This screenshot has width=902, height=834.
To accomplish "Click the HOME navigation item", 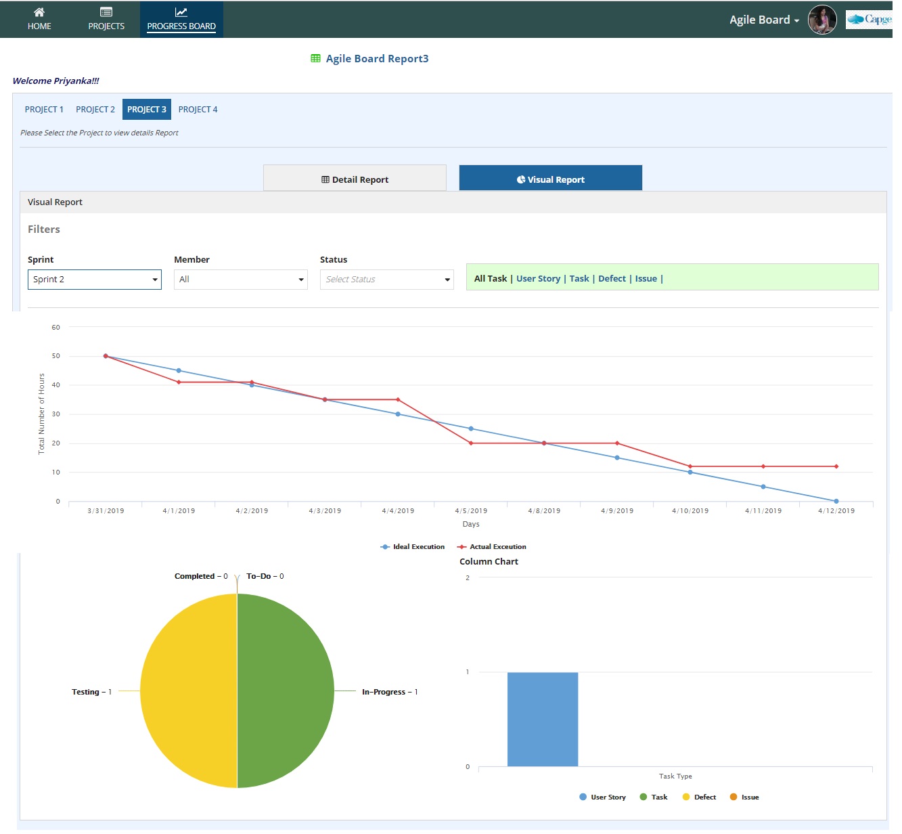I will tap(39, 19).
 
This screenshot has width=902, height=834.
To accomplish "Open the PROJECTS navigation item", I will tap(106, 19).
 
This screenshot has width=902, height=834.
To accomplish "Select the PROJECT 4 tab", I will tap(198, 110).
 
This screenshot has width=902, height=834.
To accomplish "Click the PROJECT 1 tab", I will tap(44, 110).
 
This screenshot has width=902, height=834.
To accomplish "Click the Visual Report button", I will tap(550, 179).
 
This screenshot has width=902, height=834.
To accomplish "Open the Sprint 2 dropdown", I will tap(95, 280).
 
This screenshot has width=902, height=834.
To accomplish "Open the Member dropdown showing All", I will tap(240, 280).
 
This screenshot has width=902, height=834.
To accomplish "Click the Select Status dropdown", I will tap(386, 280).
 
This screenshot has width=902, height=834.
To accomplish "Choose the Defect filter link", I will tap(612, 279).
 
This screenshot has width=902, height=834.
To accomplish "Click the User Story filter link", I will tap(538, 279).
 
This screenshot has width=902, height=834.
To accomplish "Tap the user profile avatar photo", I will tap(822, 20).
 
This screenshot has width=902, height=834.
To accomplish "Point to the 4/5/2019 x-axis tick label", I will tap(471, 511).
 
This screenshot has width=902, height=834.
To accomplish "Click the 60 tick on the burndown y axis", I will tap(55, 328).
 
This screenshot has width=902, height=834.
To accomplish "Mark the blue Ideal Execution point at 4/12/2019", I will tap(836, 502).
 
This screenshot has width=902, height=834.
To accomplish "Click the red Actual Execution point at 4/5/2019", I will tap(471, 443).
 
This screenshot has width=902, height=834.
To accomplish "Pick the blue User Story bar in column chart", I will tap(543, 719).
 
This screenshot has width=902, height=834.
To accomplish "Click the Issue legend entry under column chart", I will tap(744, 797).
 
